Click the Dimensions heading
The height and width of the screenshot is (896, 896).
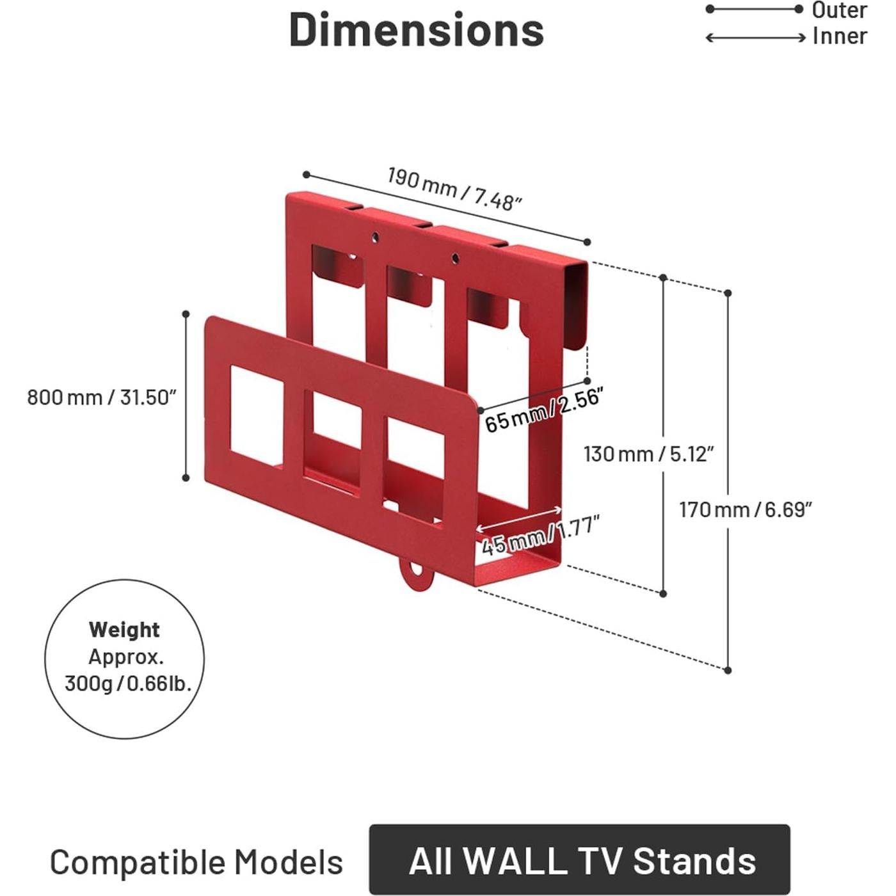tap(417, 29)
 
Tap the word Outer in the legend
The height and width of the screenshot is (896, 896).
tap(839, 10)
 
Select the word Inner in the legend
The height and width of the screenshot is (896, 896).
tap(840, 36)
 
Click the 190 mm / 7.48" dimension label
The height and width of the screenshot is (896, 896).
tap(454, 189)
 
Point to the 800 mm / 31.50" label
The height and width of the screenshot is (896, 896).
tap(101, 397)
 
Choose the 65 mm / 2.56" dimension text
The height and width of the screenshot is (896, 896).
tap(543, 410)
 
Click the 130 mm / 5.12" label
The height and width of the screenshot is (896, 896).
tap(648, 454)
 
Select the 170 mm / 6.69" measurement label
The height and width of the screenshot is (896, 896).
tap(745, 510)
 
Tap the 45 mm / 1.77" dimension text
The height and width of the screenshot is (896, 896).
tap(540, 535)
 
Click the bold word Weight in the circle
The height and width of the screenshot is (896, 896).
tap(124, 630)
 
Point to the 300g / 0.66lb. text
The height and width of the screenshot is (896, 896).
tap(128, 684)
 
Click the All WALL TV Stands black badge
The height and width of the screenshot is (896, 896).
tap(580, 860)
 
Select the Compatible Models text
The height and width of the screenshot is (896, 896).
tap(196, 862)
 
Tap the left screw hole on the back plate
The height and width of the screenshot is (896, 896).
tap(376, 237)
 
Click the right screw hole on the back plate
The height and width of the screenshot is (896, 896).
tap(455, 259)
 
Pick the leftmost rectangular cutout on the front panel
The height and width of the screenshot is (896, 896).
tap(256, 415)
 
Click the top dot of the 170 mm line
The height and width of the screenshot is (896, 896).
tap(728, 293)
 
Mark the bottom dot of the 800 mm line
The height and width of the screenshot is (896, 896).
tap(186, 477)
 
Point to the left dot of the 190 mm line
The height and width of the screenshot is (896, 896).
tap(307, 175)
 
